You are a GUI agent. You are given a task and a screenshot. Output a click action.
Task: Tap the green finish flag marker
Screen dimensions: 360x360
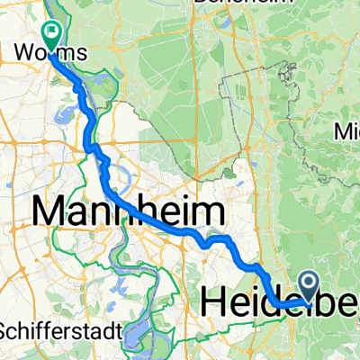(50, 34)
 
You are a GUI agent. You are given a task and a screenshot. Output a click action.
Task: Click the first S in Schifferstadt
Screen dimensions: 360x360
(5, 330)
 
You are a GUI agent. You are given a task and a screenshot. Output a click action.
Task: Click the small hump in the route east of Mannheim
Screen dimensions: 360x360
(217, 239)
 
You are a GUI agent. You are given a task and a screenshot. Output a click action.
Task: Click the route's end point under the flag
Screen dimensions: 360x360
(50, 58)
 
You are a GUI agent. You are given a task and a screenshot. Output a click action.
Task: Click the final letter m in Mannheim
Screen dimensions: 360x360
(209, 213)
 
